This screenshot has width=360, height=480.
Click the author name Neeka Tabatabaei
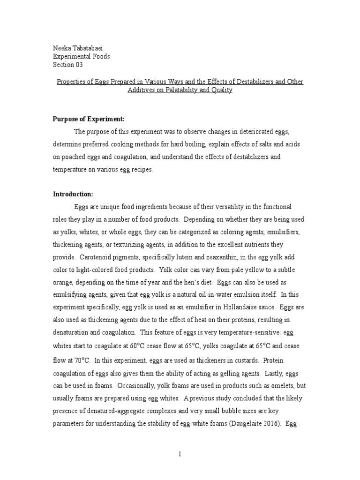pyautogui.click(x=78, y=48)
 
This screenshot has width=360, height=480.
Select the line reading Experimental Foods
pyautogui.click(x=81, y=56)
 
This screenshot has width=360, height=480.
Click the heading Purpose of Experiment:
pyautogui.click(x=88, y=120)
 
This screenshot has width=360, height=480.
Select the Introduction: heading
pyautogui.click(x=73, y=194)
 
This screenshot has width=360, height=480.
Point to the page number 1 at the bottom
pyautogui.click(x=180, y=455)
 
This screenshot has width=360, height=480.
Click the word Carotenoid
pyautogui.click(x=96, y=257)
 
